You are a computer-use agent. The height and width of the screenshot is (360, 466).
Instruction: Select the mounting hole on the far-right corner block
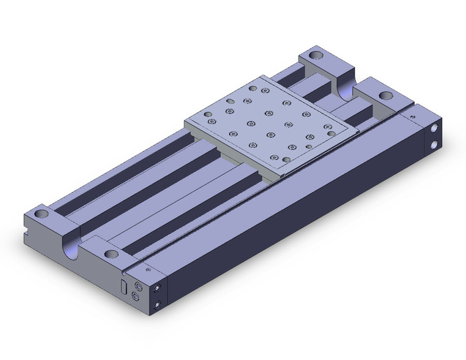tap(386, 95)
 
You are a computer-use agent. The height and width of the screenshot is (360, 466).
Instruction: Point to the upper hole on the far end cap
tap(434, 130)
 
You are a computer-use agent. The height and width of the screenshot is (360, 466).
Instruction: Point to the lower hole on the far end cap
tap(434, 145)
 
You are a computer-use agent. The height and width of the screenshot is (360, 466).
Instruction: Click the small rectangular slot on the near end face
tap(123, 286)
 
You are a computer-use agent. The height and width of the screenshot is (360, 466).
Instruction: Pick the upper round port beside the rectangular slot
tap(138, 285)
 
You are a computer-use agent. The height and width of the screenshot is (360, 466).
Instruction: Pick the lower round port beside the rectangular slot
tap(136, 299)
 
